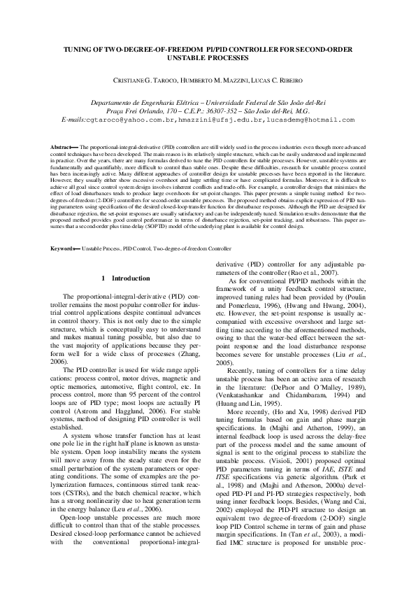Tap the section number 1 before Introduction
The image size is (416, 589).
coord(103,278)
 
